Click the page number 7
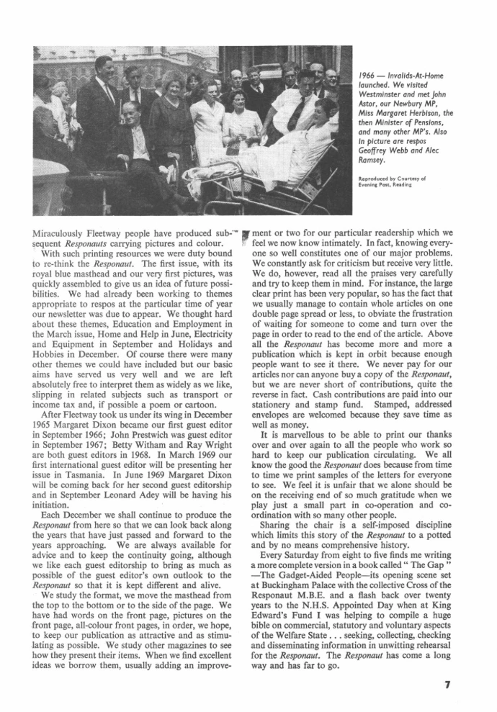coord(447,685)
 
